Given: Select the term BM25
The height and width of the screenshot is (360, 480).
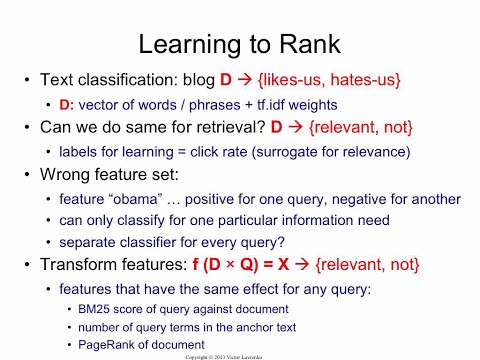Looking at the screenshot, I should click(x=96, y=307).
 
